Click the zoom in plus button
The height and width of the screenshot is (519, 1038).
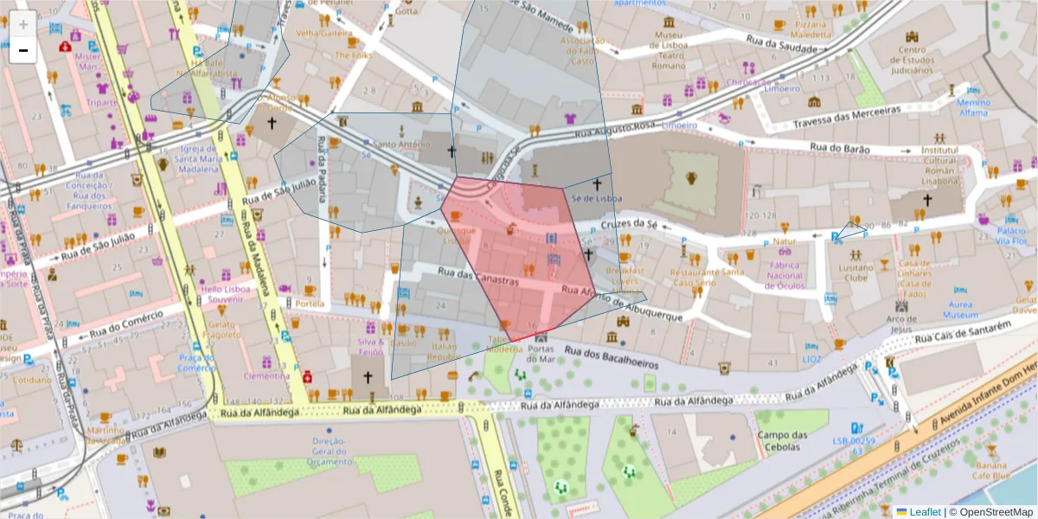(22, 24)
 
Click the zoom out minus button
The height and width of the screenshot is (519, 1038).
(22, 50)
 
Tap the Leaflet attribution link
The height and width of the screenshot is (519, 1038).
(924, 512)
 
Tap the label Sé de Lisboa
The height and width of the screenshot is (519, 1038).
(597, 198)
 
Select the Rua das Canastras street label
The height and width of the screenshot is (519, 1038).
(477, 276)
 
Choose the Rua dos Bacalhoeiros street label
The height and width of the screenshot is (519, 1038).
(611, 356)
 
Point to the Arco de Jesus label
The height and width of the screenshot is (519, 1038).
(900, 324)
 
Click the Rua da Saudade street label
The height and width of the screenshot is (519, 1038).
(782, 43)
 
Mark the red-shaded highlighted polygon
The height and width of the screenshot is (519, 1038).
(519, 259)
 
